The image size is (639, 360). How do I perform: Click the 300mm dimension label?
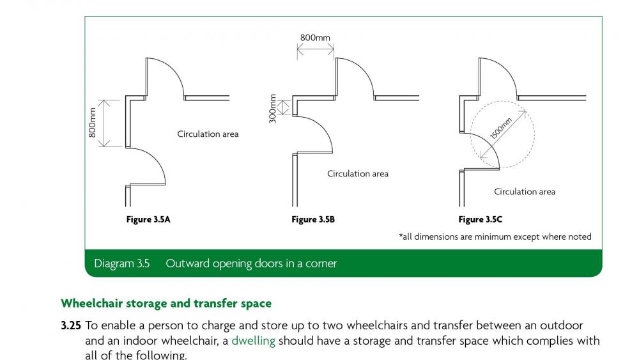[x=273, y=109]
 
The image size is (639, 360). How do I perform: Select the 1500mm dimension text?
[x=501, y=129]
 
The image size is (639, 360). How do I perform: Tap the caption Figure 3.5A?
[x=148, y=219]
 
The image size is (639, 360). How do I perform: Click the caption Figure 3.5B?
[x=313, y=219]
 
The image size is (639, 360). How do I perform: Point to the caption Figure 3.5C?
[x=480, y=219]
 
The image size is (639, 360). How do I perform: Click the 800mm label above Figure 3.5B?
[x=315, y=38]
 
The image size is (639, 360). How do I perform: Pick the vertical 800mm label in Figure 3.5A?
[x=92, y=122]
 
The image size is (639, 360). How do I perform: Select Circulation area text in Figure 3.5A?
[x=208, y=134]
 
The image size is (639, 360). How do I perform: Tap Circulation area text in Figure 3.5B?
[x=358, y=174]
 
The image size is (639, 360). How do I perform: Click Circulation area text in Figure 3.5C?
[x=525, y=192]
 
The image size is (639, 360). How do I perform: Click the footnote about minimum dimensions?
[x=495, y=237]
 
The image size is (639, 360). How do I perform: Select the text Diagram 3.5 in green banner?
[x=122, y=263]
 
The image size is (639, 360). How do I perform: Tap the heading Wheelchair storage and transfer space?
[x=166, y=303]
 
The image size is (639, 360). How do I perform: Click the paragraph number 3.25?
[x=71, y=325]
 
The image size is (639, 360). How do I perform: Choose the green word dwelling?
[x=253, y=340]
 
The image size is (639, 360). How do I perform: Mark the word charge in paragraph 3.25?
[x=219, y=326]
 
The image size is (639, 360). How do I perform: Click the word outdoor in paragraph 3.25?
[x=561, y=325]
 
